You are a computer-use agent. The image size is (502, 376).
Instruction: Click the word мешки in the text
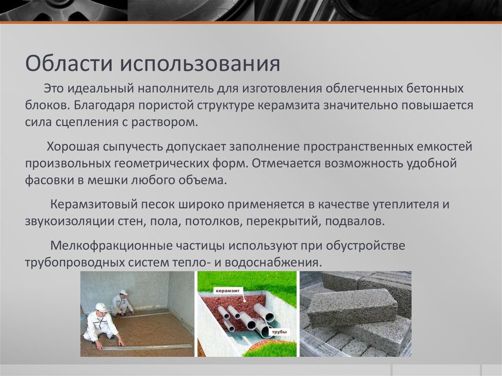[109, 180]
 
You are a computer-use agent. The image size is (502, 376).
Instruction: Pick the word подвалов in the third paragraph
[354, 221]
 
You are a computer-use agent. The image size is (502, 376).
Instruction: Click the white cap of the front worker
[101, 307]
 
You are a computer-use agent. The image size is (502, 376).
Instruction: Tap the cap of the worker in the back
[124, 293]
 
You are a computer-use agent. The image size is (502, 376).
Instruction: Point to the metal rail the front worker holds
[147, 347]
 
